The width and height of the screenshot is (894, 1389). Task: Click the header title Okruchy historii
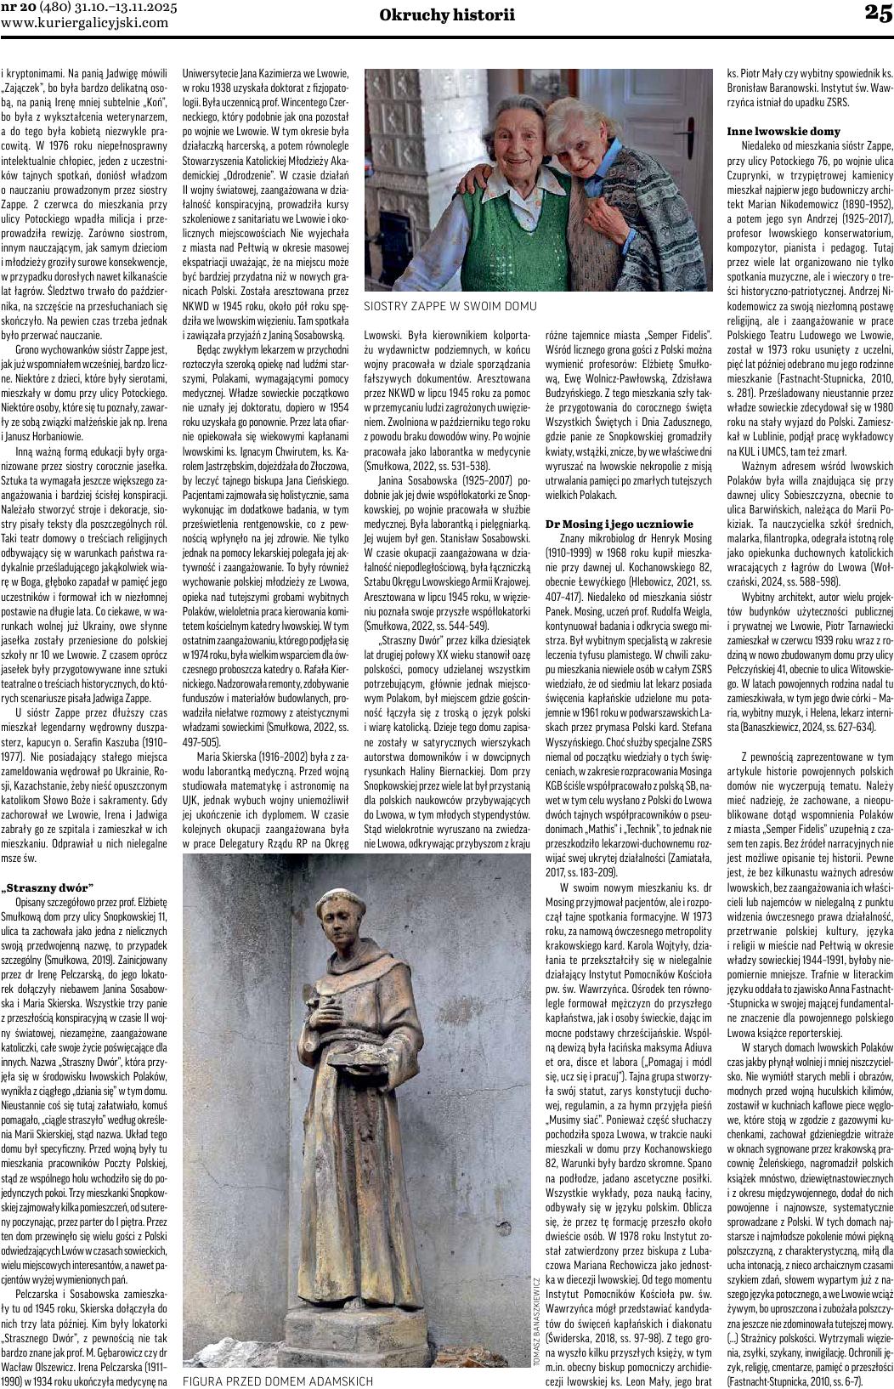pos(447,14)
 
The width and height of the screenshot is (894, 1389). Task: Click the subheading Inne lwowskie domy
pos(784,131)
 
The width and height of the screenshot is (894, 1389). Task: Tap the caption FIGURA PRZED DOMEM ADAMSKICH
pos(278,1381)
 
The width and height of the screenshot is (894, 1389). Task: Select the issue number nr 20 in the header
pos(16,8)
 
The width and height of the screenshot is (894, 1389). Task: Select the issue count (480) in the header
pos(51,8)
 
